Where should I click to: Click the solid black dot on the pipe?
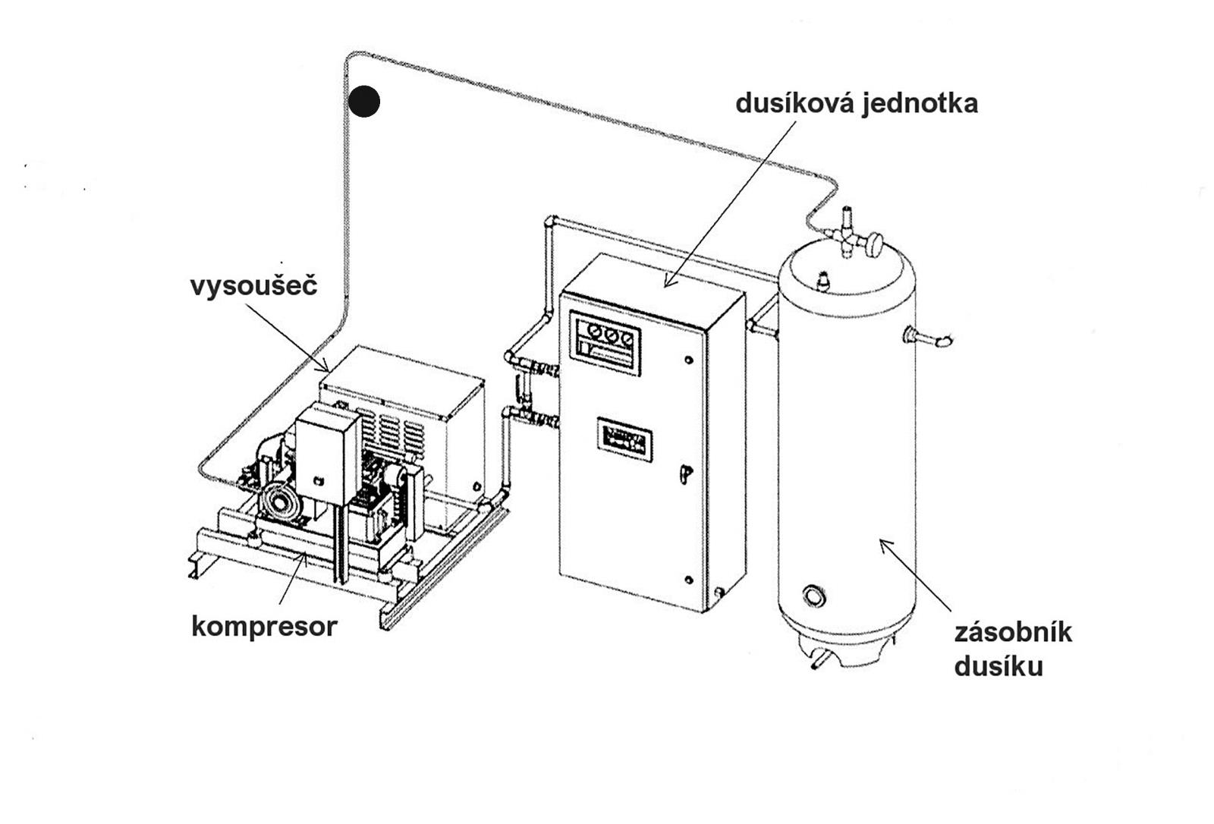[x=364, y=101]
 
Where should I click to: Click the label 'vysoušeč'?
[x=253, y=286]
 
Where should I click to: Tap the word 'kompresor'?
[x=264, y=627]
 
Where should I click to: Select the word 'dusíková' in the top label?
[x=794, y=102]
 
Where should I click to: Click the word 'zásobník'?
[x=1012, y=632]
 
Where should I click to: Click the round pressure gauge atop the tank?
[x=876, y=243]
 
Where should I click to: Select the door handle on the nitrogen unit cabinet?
[x=684, y=472]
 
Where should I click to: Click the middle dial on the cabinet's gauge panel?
[x=610, y=334]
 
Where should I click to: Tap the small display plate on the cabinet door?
[x=624, y=436]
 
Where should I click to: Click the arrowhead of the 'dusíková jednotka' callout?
[x=667, y=285]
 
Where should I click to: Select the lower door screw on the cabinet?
[x=689, y=580]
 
